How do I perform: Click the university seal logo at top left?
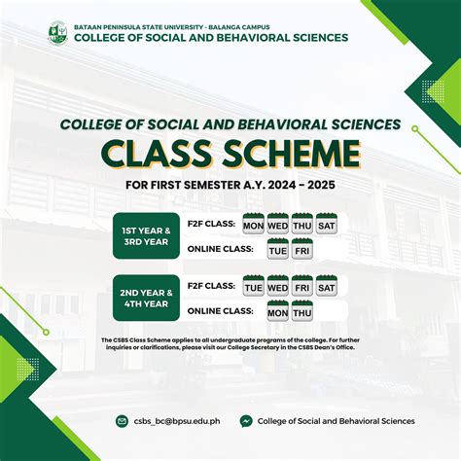click(x=58, y=32)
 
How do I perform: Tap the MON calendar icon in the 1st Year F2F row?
click(x=254, y=224)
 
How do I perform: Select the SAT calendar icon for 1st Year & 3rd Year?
click(x=326, y=224)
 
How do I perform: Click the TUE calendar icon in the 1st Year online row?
click(x=277, y=249)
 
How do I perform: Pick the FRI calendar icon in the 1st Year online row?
click(x=301, y=249)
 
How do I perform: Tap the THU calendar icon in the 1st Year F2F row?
click(x=301, y=224)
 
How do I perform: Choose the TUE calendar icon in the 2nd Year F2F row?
click(x=254, y=286)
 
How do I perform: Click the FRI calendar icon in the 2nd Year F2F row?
click(x=301, y=286)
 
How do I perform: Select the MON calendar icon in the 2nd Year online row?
click(x=277, y=311)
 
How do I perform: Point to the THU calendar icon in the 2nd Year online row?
click(x=301, y=311)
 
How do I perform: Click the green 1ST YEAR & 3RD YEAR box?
click(x=147, y=235)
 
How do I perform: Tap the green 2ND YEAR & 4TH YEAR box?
click(x=147, y=299)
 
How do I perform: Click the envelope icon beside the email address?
click(x=122, y=421)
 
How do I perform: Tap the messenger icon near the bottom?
click(x=247, y=421)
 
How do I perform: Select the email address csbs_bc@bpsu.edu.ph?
click(x=174, y=421)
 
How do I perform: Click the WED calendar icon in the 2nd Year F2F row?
click(x=277, y=286)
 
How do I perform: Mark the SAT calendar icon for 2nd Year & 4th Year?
click(x=326, y=286)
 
